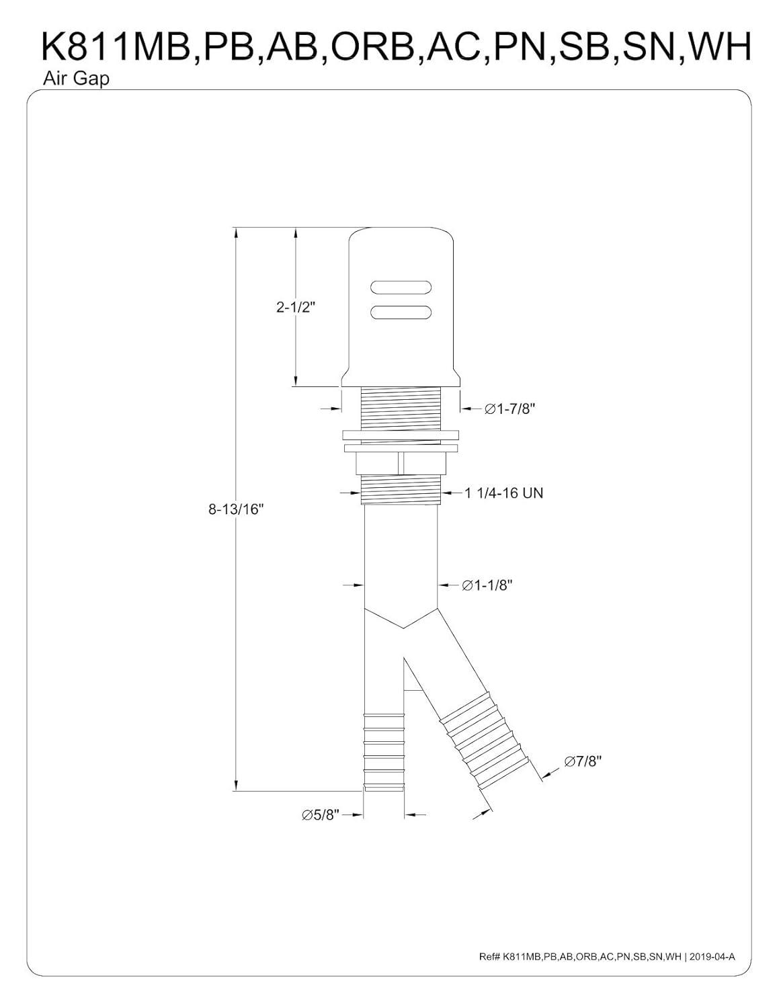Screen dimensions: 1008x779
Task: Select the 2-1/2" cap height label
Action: pyautogui.click(x=295, y=307)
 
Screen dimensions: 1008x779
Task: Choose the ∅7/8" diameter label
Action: pyautogui.click(x=582, y=761)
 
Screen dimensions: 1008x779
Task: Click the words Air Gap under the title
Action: pyautogui.click(x=67, y=79)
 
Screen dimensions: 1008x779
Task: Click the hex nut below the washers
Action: pyautogui.click(x=401, y=463)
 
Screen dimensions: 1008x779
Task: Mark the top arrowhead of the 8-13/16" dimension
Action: pyautogui.click(x=235, y=233)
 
